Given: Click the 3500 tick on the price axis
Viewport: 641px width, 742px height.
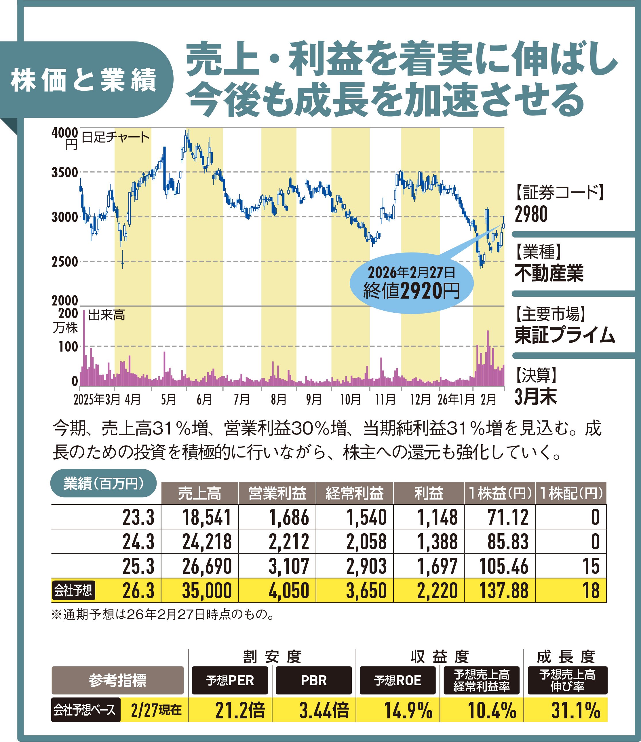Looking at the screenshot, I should tap(65, 172).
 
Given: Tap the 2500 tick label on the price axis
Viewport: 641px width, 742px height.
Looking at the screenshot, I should tap(65, 261).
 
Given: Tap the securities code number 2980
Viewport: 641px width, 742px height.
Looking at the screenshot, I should tap(531, 215).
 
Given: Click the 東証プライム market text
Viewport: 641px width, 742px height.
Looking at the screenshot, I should tap(564, 335).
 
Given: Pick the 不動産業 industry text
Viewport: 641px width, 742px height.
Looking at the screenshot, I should tap(549, 273).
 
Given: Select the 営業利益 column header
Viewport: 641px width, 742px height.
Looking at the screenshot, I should tap(277, 493).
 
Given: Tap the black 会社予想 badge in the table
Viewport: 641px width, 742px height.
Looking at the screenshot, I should tap(73, 590).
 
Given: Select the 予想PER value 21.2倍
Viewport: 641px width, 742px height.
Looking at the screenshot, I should tap(240, 710).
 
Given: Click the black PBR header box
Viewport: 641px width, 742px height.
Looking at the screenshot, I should tap(313, 680).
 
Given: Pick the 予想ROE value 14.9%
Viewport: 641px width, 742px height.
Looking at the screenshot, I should tap(408, 710).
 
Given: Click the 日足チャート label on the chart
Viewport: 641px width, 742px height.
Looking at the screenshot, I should tap(115, 137).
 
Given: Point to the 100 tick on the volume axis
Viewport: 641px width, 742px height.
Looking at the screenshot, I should tap(68, 346).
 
